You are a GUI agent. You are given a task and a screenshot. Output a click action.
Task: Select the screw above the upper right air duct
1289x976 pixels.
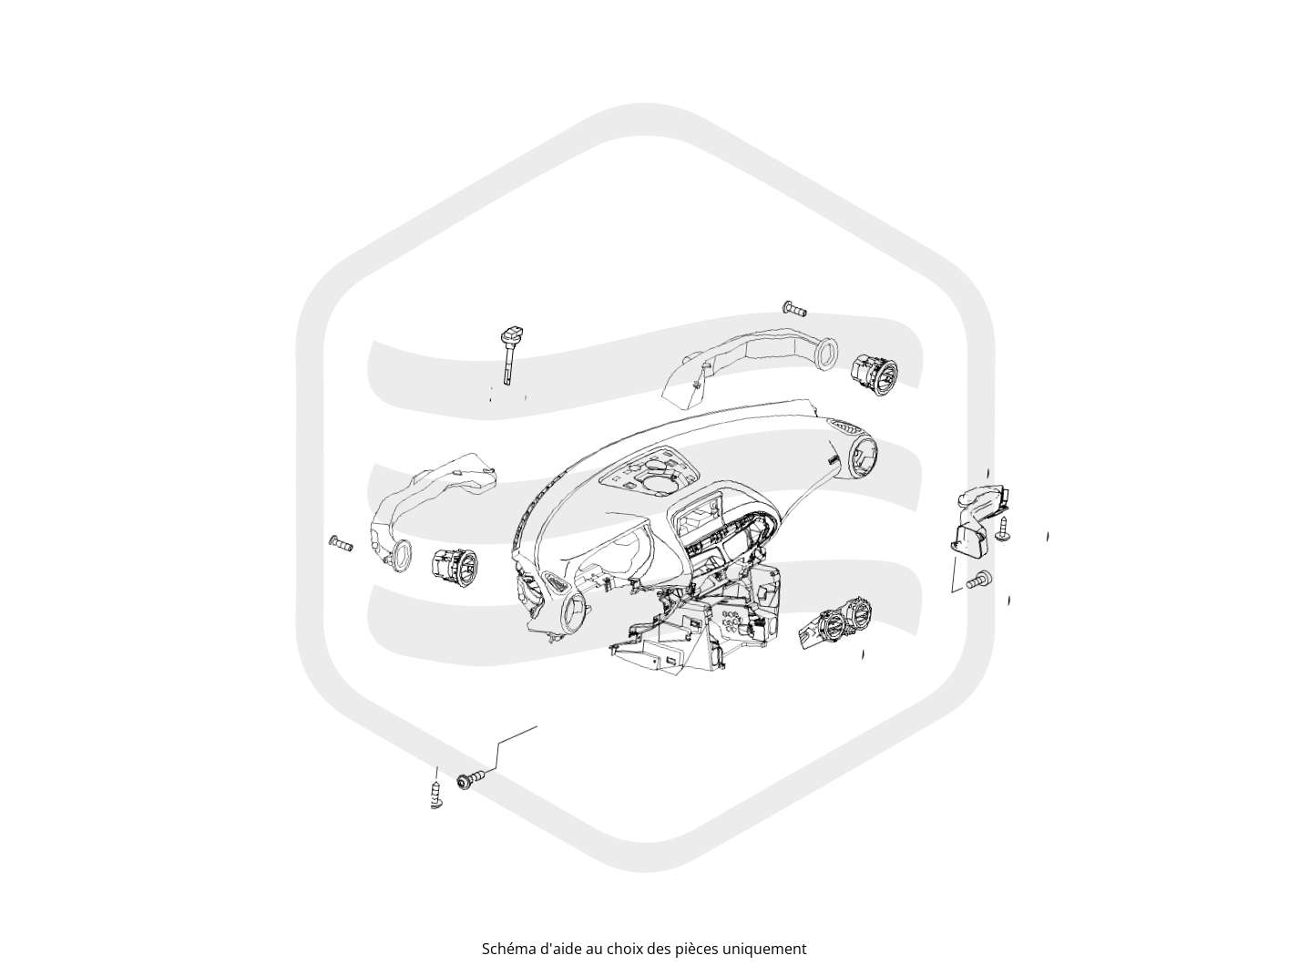[x=794, y=308]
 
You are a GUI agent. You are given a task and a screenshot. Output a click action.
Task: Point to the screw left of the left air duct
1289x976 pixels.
[x=342, y=543]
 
